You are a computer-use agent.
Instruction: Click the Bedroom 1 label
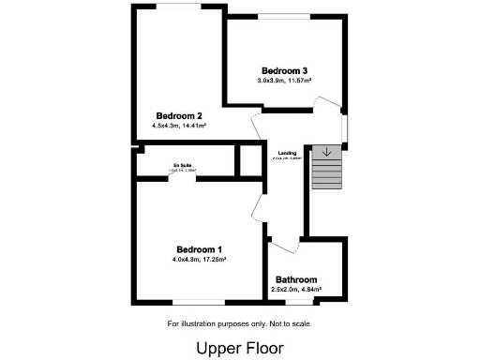(199, 248)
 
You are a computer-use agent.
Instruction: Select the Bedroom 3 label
(284, 71)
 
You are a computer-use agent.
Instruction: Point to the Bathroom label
(295, 279)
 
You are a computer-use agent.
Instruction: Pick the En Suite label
(182, 165)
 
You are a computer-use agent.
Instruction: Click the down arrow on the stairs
(325, 151)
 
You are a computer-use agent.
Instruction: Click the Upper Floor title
(239, 347)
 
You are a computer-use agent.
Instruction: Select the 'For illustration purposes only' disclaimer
(239, 324)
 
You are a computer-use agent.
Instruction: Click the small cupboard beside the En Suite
(250, 160)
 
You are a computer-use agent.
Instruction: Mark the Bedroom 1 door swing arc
(259, 206)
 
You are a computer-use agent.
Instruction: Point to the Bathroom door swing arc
(285, 244)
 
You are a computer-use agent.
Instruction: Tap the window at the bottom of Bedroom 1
(199, 302)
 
